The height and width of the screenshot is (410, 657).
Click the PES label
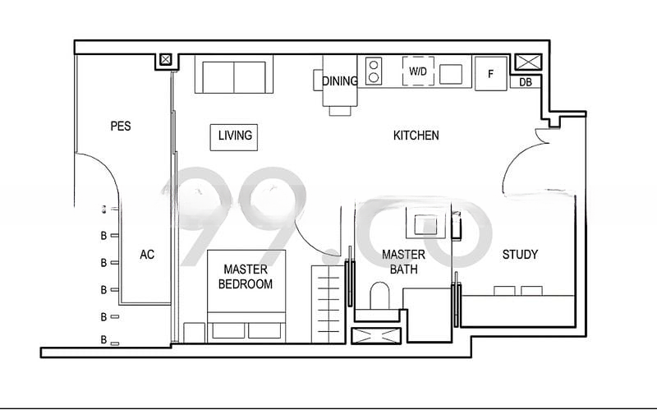[121, 127]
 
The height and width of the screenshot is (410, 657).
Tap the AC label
[147, 255]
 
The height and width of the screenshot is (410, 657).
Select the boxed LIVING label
[235, 136]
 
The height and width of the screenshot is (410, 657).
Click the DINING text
[340, 81]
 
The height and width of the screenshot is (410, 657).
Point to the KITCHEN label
[416, 136]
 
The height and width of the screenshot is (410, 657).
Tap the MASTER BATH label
[403, 262]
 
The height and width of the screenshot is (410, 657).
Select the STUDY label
[520, 255]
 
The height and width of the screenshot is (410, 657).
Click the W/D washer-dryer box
[418, 71]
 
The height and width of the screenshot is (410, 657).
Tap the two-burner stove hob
[374, 71]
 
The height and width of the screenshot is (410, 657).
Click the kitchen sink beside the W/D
[451, 74]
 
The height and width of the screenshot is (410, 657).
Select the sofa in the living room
[235, 76]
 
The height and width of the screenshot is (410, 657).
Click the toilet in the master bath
[380, 295]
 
